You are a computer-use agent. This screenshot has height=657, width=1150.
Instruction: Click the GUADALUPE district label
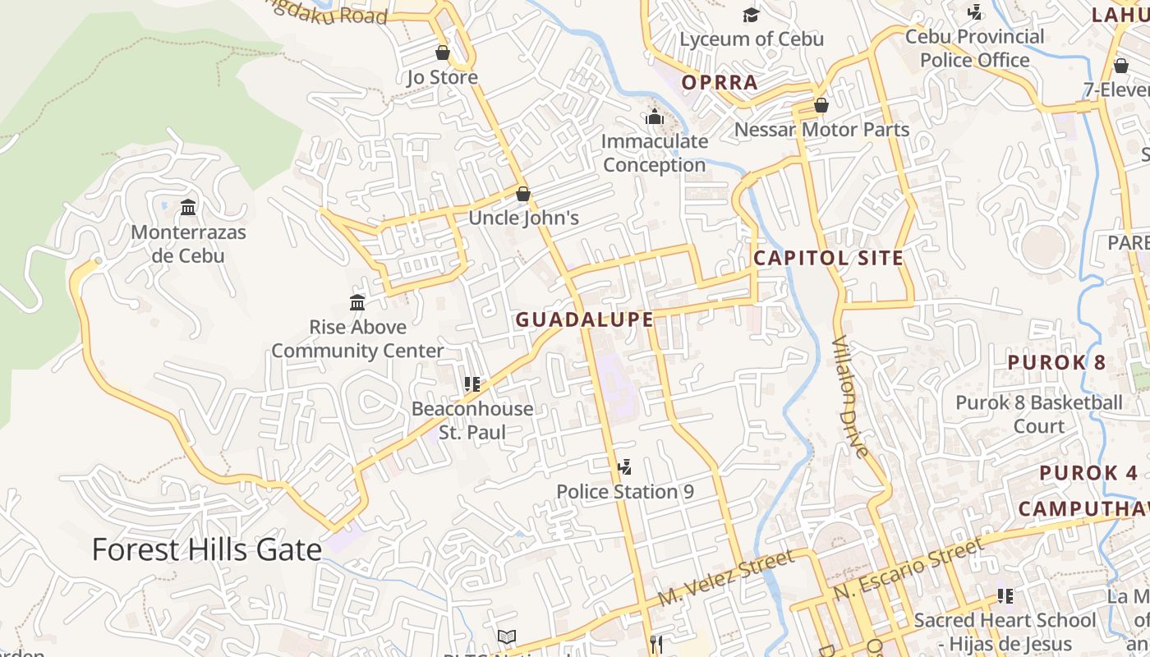click(x=584, y=320)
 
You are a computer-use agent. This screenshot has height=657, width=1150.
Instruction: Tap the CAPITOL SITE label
click(x=828, y=258)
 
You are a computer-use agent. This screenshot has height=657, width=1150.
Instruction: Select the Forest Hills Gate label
click(x=206, y=549)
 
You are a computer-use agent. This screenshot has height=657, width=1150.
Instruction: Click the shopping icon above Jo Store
click(x=443, y=53)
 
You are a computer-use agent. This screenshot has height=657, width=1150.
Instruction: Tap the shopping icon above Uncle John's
click(x=523, y=195)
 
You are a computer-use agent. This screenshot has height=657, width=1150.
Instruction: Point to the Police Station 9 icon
click(x=624, y=468)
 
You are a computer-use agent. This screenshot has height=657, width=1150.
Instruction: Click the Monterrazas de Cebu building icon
click(x=188, y=208)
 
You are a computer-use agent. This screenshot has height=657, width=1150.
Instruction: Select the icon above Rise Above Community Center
click(x=357, y=303)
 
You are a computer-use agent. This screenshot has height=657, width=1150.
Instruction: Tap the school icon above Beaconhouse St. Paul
click(x=471, y=384)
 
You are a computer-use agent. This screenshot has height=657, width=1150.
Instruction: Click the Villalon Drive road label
click(x=850, y=396)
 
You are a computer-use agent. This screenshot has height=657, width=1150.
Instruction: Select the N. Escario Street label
click(x=908, y=568)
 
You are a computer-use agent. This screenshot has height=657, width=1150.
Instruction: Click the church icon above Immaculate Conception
click(x=655, y=117)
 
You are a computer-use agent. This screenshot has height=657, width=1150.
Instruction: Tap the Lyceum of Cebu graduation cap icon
click(x=751, y=15)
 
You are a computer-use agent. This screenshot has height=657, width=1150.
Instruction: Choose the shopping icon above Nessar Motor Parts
click(x=821, y=106)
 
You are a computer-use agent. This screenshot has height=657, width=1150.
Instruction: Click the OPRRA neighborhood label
click(x=720, y=82)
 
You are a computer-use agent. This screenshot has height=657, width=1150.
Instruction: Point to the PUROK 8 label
click(x=1056, y=362)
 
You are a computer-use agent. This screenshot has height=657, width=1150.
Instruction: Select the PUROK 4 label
click(x=1088, y=473)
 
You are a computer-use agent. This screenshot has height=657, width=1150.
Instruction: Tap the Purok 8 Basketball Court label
click(x=1038, y=415)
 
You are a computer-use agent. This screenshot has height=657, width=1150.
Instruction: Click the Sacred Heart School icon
click(x=1005, y=596)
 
